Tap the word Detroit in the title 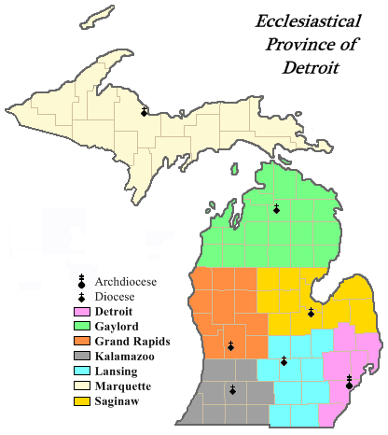[310, 68]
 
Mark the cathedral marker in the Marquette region [144, 111]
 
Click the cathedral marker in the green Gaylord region [276, 208]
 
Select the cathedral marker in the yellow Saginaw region [310, 312]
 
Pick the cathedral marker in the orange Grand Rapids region [230, 346]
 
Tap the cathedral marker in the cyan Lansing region [284, 361]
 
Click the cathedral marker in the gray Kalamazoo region [232, 389]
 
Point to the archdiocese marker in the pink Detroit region [349, 382]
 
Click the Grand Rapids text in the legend [125, 341]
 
